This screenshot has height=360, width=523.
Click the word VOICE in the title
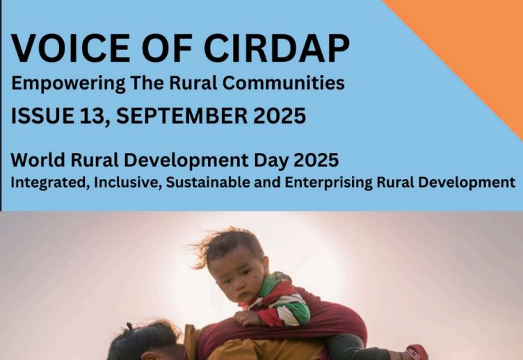pyautogui.click(x=71, y=48)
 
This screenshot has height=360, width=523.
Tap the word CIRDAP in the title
pyautogui.click(x=277, y=48)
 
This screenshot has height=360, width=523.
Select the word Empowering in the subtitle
pyautogui.click(x=68, y=83)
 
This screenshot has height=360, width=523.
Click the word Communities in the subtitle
pyautogui.click(x=284, y=82)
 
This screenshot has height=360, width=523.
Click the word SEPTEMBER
pyautogui.click(x=182, y=115)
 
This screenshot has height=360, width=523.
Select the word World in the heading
pyautogui.click(x=38, y=160)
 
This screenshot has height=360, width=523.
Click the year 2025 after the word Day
pyautogui.click(x=316, y=160)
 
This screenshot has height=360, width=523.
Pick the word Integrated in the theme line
pyautogui.click(x=50, y=183)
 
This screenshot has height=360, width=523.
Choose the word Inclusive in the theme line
pyautogui.click(x=128, y=183)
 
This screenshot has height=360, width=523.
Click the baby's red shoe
pyautogui.click(x=417, y=352)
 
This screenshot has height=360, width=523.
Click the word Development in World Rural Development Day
pyautogui.click(x=186, y=161)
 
